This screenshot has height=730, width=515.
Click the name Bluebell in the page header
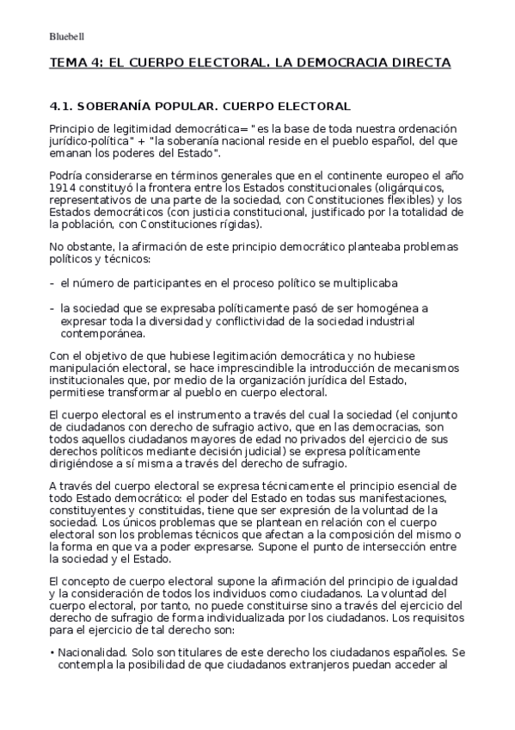click(65, 36)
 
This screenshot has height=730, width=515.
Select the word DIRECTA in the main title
click(408, 64)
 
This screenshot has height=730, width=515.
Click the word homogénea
click(406, 306)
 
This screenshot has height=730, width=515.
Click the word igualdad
click(437, 579)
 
